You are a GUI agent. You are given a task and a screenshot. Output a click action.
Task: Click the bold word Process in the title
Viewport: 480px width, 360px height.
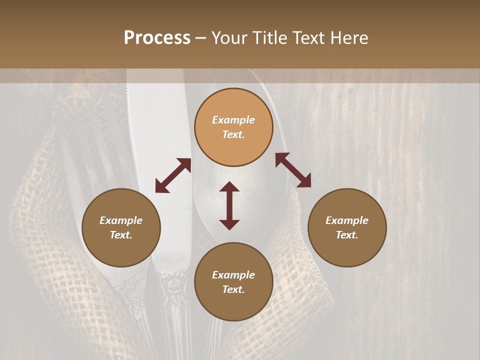tap(157, 38)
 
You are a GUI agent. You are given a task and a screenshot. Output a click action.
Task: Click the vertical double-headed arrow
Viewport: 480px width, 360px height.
tap(229, 205)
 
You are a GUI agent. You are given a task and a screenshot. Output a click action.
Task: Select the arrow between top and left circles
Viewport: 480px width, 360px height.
tap(173, 175)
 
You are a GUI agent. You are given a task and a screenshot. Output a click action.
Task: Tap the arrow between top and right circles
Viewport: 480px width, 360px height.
tap(293, 170)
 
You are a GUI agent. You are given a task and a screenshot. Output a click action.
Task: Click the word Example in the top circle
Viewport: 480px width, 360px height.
tap(233, 120)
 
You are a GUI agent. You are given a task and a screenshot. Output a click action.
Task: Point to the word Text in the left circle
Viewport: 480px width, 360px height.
tap(121, 235)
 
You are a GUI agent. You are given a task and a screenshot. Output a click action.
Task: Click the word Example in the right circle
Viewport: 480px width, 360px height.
tap(347, 220)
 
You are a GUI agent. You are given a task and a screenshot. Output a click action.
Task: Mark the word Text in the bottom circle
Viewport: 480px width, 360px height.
tap(233, 289)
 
